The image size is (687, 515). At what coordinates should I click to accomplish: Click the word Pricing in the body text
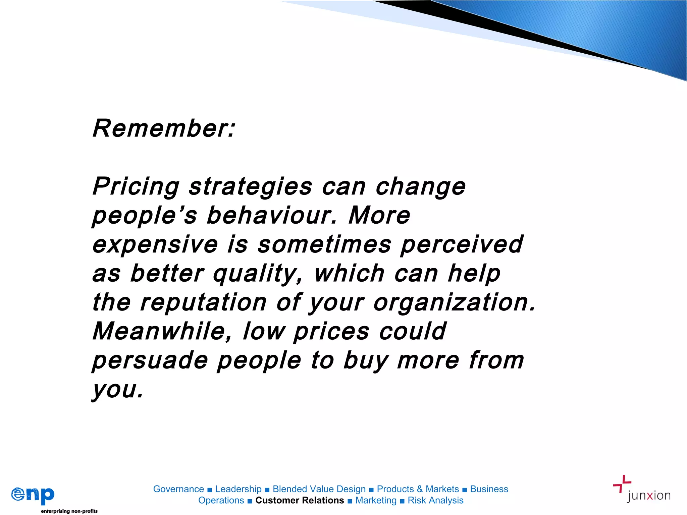coord(136,186)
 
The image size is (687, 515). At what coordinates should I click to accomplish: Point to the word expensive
coord(155,245)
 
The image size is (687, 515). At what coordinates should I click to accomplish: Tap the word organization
coord(455,302)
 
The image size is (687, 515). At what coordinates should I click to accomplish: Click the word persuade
coord(150,360)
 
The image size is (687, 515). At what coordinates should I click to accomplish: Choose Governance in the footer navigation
coord(178,489)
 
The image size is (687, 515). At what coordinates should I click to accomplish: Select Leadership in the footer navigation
coord(238,489)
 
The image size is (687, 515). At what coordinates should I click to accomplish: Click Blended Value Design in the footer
coord(319,489)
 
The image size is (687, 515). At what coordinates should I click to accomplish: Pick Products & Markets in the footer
coord(418,489)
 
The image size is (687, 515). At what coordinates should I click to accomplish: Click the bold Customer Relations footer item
coord(300,501)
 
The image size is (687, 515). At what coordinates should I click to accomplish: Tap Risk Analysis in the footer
coord(435,501)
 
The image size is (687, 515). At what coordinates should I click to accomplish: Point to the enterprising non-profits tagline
coord(69,511)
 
